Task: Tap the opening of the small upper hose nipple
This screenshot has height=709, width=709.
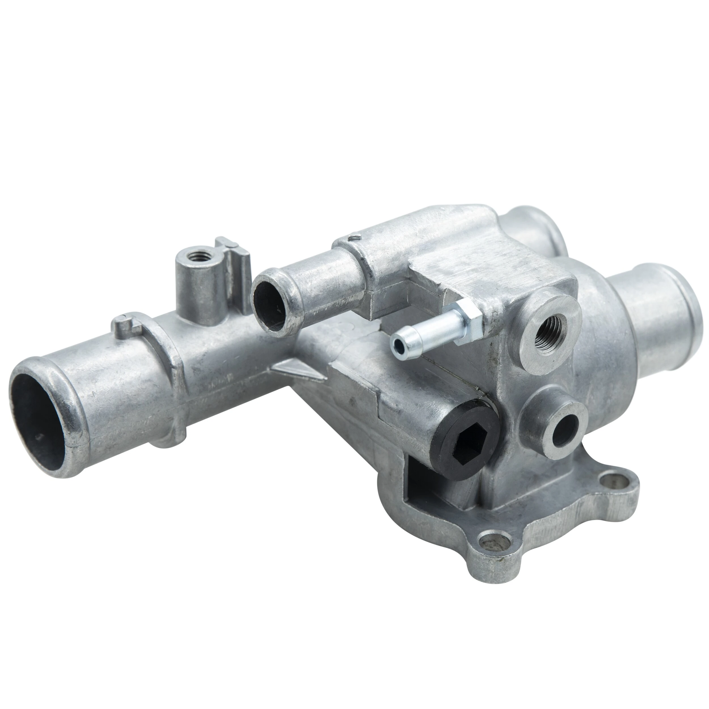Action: click(270, 301)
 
